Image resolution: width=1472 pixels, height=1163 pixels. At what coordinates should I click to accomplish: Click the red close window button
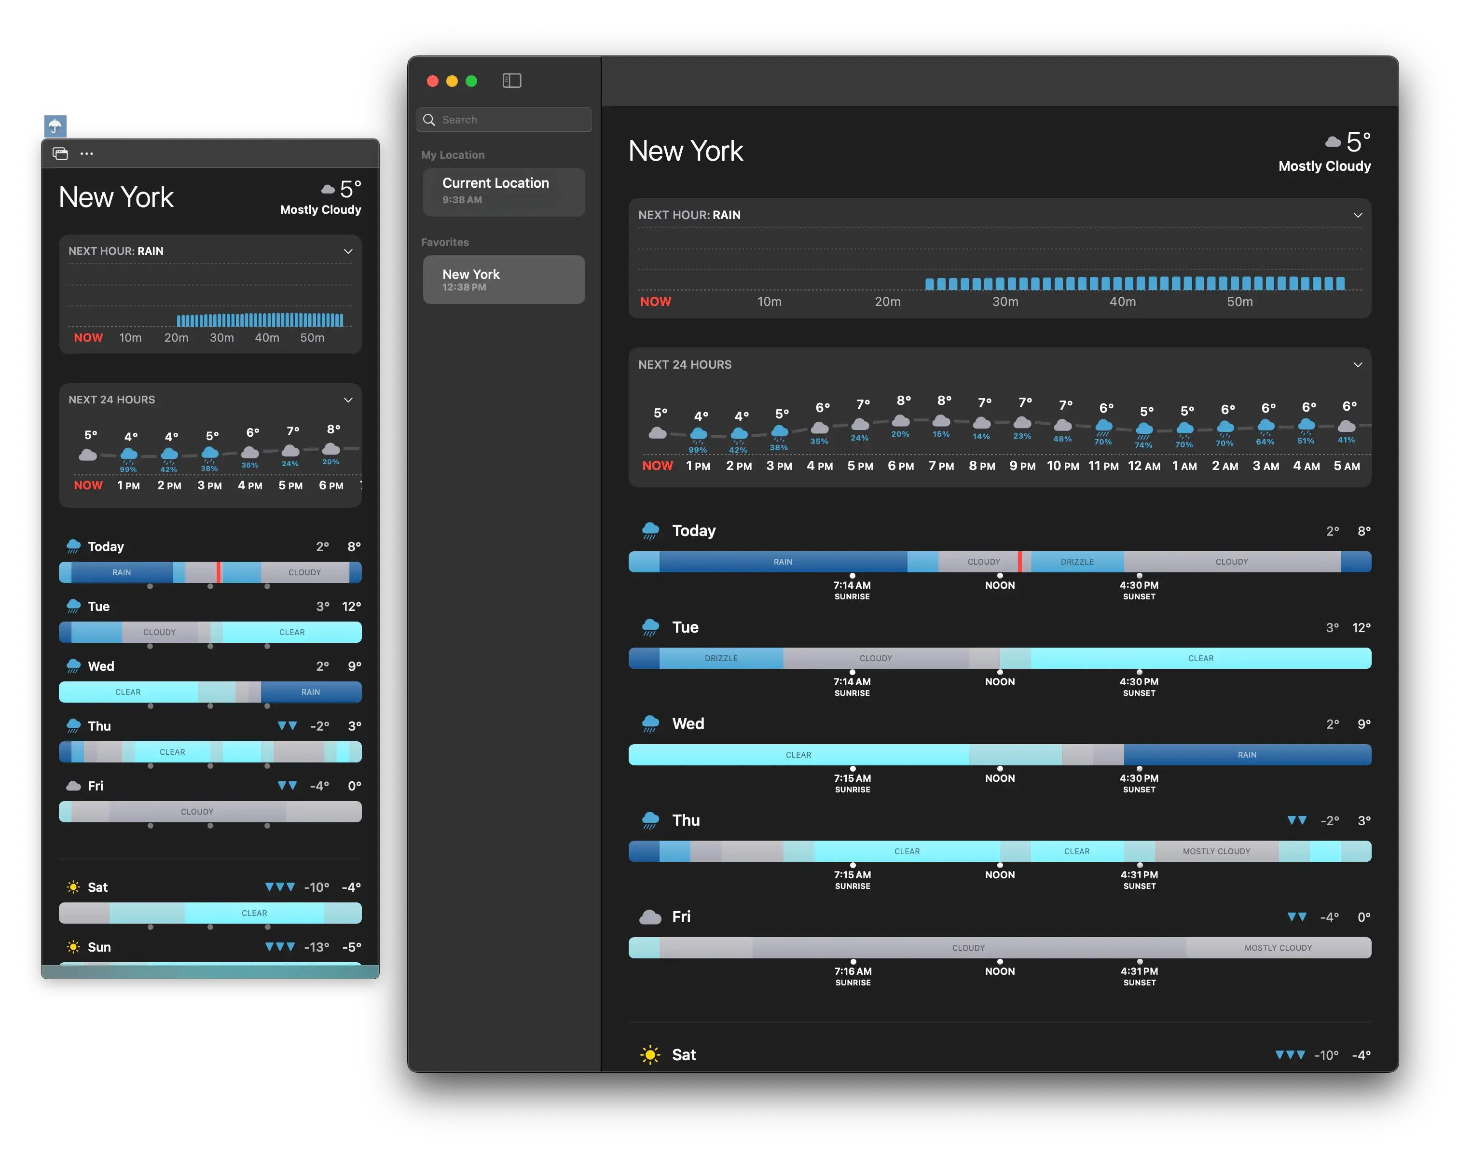pos(432,81)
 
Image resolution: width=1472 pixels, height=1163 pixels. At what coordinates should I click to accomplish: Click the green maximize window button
pos(471,81)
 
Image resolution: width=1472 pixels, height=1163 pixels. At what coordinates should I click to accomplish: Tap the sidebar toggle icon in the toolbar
pos(511,81)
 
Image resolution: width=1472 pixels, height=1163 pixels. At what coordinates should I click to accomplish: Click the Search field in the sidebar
pos(504,120)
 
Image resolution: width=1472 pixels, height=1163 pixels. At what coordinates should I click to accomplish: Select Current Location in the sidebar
pos(504,191)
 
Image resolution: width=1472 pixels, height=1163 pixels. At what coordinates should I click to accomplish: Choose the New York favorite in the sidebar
pos(504,279)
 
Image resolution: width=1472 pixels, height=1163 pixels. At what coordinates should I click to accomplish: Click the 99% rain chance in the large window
pos(698,450)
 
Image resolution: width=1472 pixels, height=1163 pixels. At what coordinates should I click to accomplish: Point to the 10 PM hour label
pos(1063,467)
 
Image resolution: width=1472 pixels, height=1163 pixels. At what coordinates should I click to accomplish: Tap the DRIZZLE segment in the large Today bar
pos(1077,562)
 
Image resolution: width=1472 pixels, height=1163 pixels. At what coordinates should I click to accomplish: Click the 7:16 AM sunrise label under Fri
pos(853,972)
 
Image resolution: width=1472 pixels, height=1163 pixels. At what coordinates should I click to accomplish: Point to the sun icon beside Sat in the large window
pos(650,1055)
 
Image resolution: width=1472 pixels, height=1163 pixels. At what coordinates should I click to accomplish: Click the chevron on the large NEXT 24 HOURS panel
pos(1358,365)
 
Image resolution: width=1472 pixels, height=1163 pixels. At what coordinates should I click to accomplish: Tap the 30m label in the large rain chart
pos(1005,302)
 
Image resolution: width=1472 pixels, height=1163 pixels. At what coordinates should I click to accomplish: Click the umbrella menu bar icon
pos(55,125)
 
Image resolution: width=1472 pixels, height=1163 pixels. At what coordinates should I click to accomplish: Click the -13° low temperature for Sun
pos(316,947)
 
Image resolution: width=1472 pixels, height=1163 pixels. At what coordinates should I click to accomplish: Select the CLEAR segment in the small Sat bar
pos(254,913)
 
